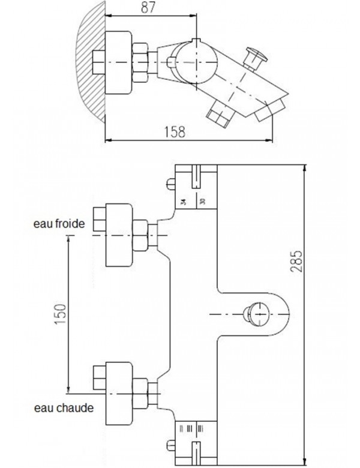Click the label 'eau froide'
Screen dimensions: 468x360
click(59, 224)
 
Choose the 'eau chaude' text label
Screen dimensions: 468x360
click(62, 409)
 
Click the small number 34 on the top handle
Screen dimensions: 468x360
click(183, 202)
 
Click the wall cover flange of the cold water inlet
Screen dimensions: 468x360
click(118, 234)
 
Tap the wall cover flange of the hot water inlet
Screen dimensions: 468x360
click(118, 391)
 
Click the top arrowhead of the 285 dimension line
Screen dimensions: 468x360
click(307, 167)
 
